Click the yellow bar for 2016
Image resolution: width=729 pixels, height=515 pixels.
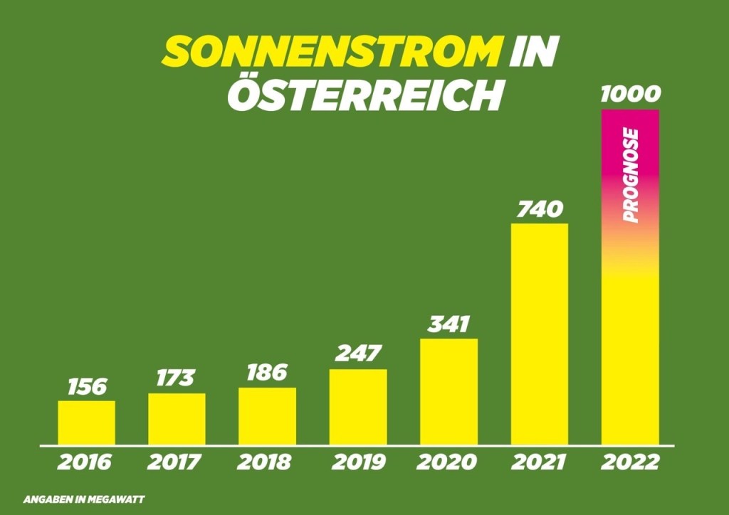coord(86,423)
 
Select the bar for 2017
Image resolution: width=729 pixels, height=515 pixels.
coord(177,419)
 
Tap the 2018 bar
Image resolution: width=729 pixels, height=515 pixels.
coord(267,416)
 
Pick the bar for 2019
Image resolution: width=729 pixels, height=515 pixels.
coord(358,407)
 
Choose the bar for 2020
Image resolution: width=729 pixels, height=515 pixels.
coord(449,391)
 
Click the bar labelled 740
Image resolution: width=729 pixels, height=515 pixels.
coord(540,334)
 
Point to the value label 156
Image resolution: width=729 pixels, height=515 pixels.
coord(87,387)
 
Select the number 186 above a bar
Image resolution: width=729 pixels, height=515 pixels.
coord(267,373)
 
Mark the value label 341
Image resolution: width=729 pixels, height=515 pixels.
coord(449,324)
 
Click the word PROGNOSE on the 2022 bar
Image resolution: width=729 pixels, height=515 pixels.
coord(631,176)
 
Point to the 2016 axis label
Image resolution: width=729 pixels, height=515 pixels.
coord(85,462)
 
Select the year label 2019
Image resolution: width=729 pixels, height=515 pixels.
coord(358,462)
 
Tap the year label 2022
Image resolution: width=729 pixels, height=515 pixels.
coord(630,462)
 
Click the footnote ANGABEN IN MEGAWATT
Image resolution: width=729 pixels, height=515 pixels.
coord(84,499)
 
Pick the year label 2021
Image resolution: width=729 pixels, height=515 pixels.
coord(539,462)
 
